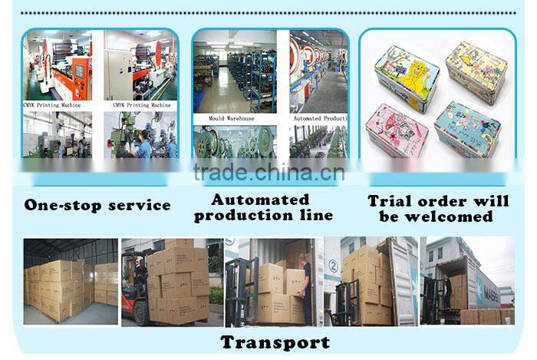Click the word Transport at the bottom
click(275, 342)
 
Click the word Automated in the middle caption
click(260, 200)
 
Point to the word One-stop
click(62, 206)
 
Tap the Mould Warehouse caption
click(231, 119)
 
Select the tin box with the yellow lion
click(407, 78)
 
